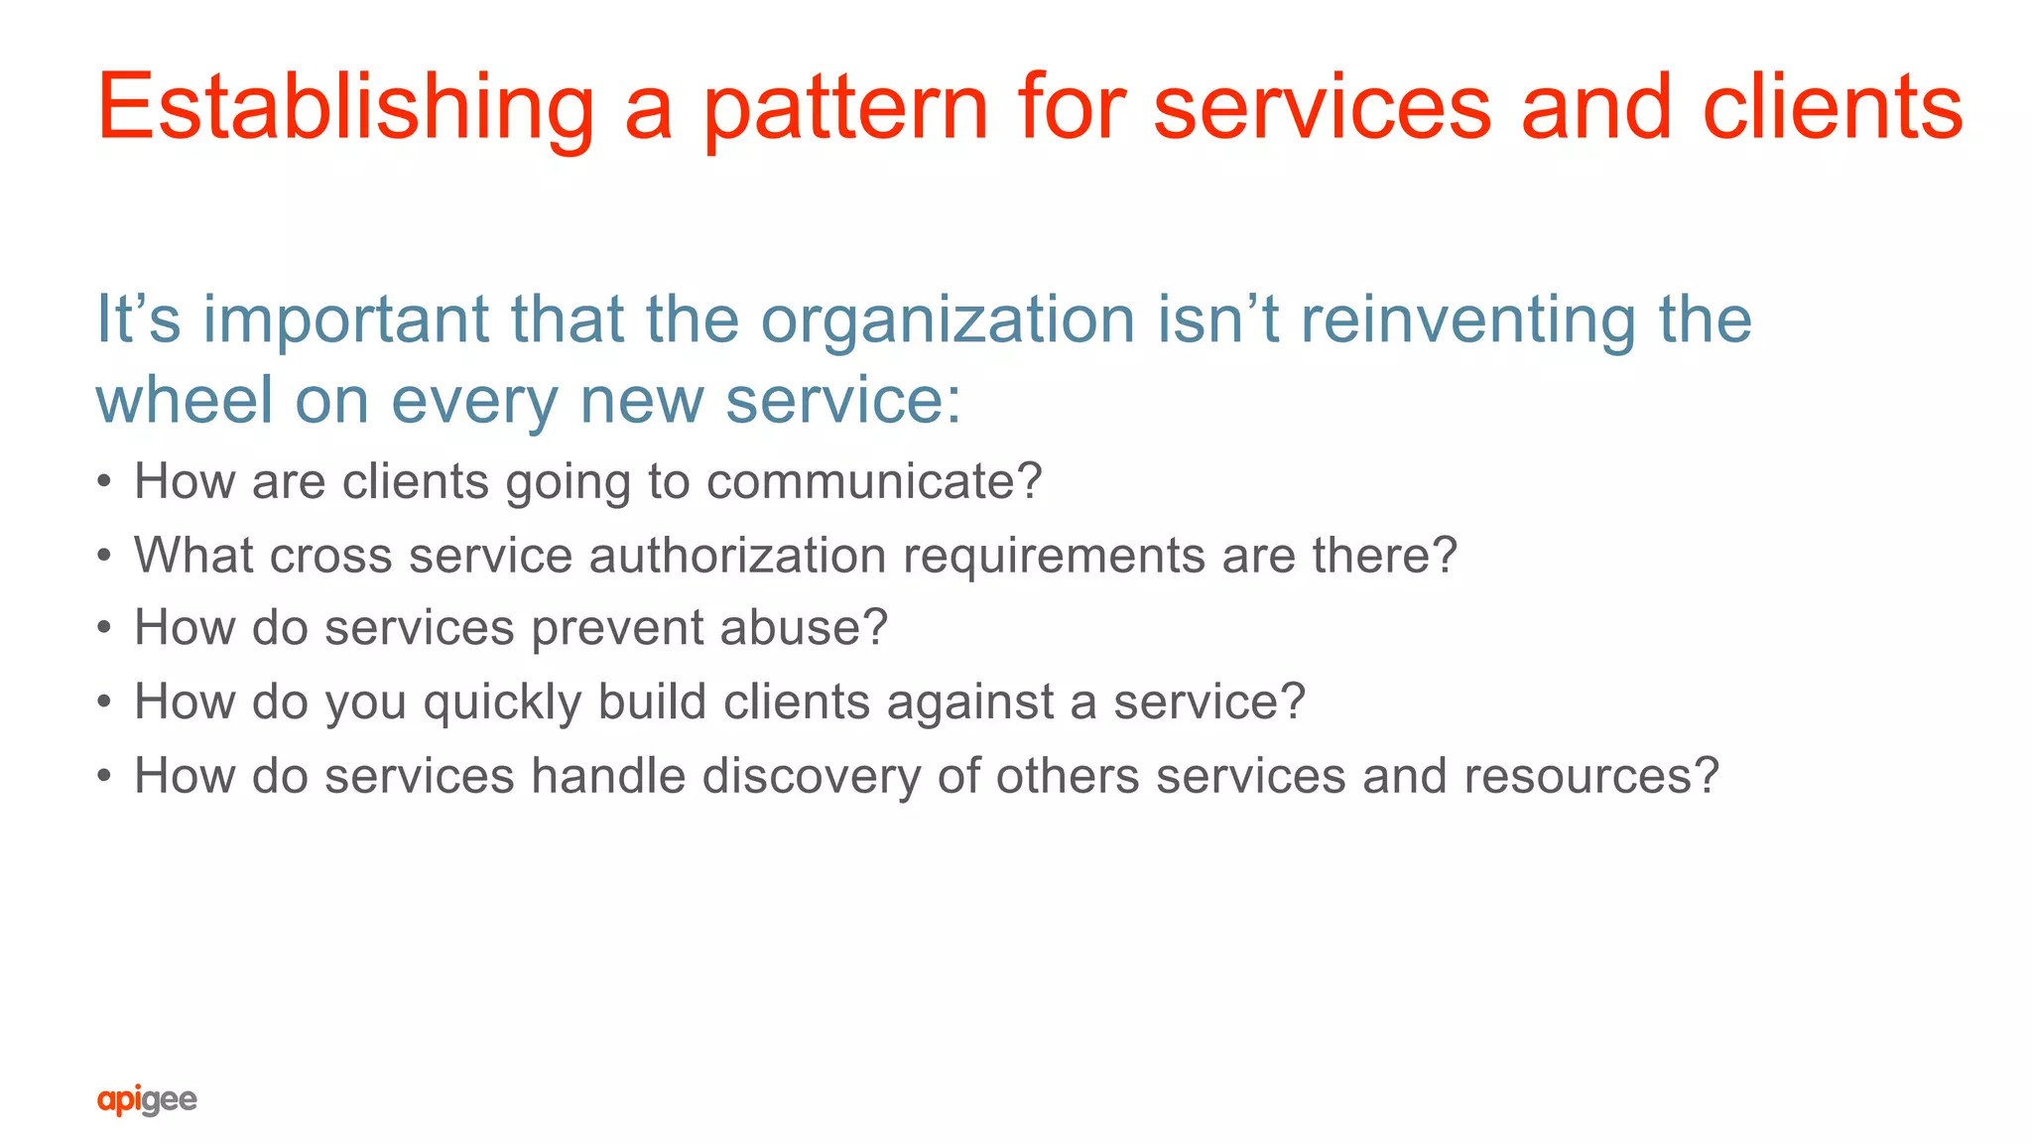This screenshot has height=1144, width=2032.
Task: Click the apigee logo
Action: pyautogui.click(x=147, y=1099)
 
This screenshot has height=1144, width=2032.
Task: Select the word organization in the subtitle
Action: pyautogui.click(x=948, y=321)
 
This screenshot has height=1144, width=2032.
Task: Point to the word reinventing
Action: pyautogui.click(x=1467, y=321)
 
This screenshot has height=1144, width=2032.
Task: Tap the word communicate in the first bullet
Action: pyautogui.click(x=873, y=482)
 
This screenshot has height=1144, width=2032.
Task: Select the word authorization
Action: pyautogui.click(x=737, y=555)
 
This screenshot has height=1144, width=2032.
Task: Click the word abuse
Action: pyautogui.click(x=803, y=628)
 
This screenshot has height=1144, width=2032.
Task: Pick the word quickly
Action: pyautogui.click(x=502, y=702)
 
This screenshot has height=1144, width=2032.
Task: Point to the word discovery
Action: pyautogui.click(x=812, y=776)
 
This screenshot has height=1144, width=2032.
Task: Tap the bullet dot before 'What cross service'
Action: pyautogui.click(x=104, y=556)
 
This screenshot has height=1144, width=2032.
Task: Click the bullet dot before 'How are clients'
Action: pyautogui.click(x=104, y=482)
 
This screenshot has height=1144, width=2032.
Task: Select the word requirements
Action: pyautogui.click(x=1054, y=555)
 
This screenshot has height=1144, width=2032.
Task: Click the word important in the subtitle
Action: pyautogui.click(x=346, y=321)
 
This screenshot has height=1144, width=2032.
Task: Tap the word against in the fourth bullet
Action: pyautogui.click(x=969, y=702)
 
